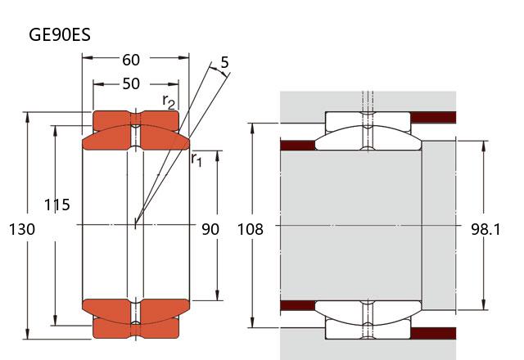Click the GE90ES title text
pos(59,35)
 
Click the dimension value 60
pos(131,59)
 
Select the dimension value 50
pos(131,83)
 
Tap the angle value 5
pos(224,62)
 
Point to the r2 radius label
pos(169,101)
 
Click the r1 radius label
pos(196,159)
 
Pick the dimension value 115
pos(56,205)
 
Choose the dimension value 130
pos(22,230)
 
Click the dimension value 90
pos(210,230)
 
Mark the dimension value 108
pos(251,230)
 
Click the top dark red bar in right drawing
pos(432,117)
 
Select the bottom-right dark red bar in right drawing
pos(432,333)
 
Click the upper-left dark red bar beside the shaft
pos(297,146)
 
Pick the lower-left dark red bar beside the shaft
pos(297,306)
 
